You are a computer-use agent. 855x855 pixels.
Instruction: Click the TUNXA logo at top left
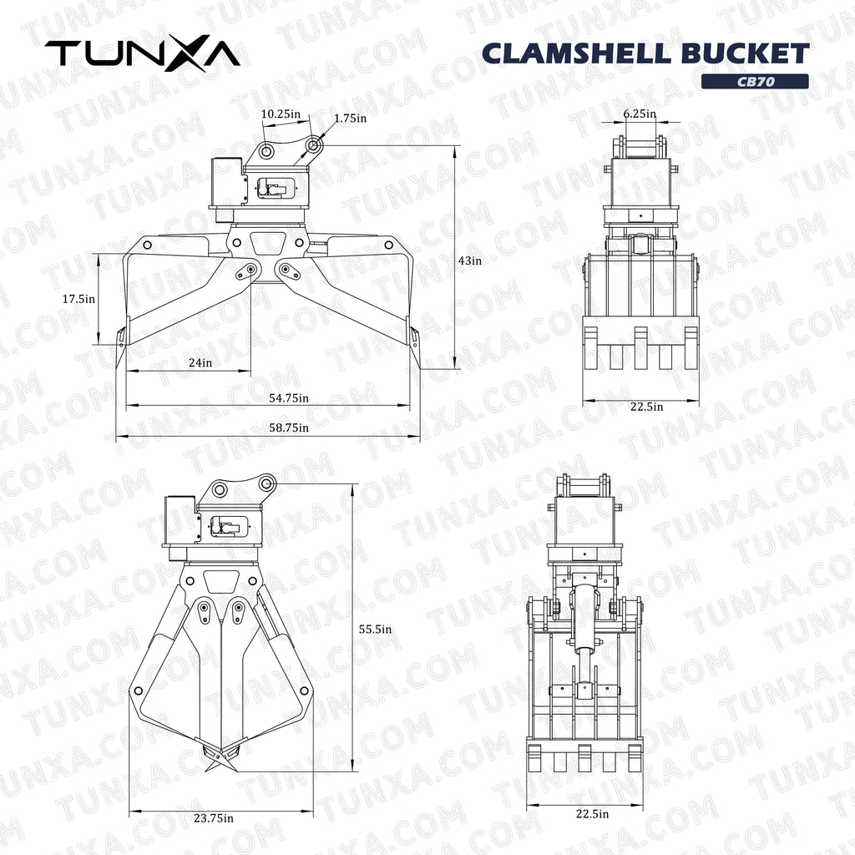pos(142,53)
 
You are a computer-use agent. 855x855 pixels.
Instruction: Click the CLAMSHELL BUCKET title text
pos(645,53)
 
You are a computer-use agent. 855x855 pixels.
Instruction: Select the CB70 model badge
pos(754,81)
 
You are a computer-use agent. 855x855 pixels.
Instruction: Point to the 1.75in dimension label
pos(350,119)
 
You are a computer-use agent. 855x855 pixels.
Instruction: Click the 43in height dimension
pos(470,261)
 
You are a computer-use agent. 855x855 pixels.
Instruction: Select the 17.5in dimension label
pos(78,298)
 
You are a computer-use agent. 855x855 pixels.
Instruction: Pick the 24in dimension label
pos(200,362)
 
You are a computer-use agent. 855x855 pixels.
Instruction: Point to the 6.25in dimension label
pos(640,114)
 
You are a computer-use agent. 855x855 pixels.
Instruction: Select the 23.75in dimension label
pos(214,818)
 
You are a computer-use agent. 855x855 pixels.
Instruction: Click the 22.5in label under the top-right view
pos(646,407)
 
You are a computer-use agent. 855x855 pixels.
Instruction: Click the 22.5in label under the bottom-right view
pos(592,814)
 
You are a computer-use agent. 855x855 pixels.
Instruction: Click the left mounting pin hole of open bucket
pos(266,151)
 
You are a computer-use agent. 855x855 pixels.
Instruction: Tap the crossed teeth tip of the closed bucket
pos(220,757)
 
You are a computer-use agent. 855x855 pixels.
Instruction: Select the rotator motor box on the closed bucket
pos(180,519)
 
